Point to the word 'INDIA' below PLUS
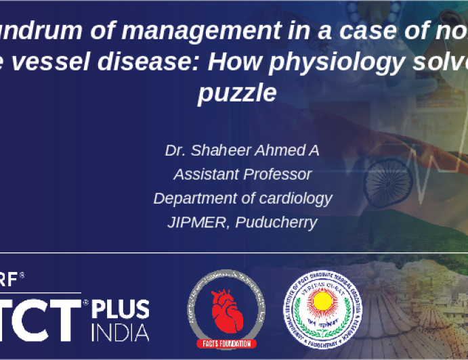pyautogui.click(x=121, y=333)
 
